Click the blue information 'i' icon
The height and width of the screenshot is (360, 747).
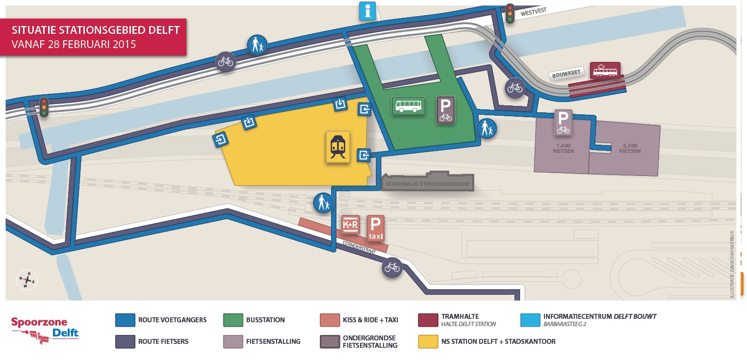tap(367, 11)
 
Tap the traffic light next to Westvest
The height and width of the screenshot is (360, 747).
tap(511, 14)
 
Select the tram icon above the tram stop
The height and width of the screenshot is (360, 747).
tap(605, 71)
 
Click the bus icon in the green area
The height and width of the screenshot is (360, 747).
tap(408, 105)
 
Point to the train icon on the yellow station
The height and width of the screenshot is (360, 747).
tap(338, 147)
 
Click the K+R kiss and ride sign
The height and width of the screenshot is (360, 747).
tap(351, 225)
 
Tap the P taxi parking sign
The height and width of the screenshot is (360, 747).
tap(375, 228)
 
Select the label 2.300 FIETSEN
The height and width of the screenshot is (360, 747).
tap(630, 149)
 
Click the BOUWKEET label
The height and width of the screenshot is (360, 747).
tap(566, 73)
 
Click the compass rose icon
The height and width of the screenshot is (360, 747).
tap(27, 280)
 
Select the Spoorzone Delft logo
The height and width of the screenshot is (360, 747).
tap(45, 329)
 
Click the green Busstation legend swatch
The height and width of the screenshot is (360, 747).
tap(233, 320)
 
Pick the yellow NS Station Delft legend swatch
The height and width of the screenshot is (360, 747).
tap(428, 341)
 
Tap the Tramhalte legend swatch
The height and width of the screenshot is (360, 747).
tap(428, 320)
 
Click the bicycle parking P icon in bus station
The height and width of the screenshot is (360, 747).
tap(445, 109)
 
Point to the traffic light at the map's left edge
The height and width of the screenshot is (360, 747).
tap(44, 106)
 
